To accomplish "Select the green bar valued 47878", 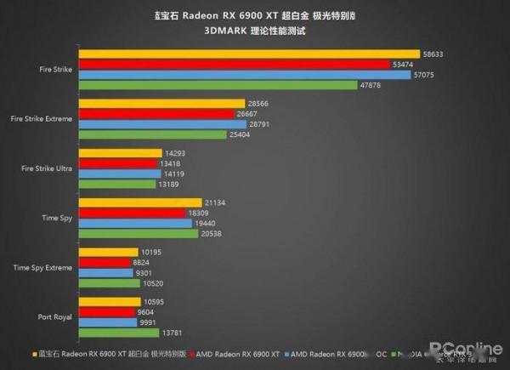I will (218, 84).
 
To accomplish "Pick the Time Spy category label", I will (59, 218).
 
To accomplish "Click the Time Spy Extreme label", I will (44, 267).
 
